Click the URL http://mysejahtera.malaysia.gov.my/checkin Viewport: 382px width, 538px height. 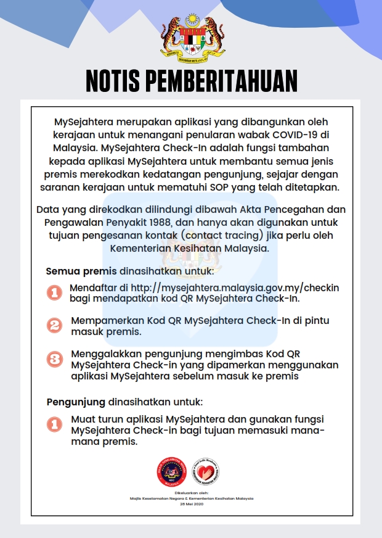[x=234, y=288]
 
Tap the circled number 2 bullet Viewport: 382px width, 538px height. [x=55, y=325]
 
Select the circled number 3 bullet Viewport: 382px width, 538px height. [x=55, y=359]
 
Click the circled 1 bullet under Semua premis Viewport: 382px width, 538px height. [x=55, y=292]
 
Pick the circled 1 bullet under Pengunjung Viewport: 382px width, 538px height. [x=55, y=424]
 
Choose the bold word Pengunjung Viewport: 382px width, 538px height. [x=76, y=402]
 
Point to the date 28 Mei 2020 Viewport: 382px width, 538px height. [x=191, y=504]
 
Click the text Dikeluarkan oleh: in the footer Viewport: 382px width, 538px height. [x=191, y=493]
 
